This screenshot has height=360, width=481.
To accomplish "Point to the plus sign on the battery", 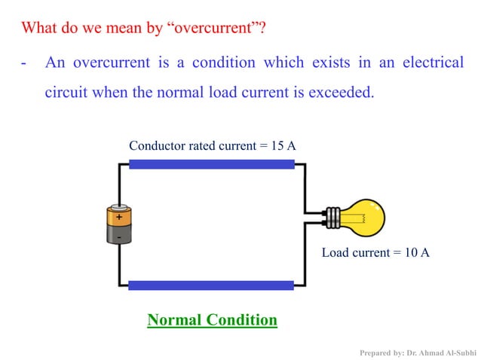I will point(119,216).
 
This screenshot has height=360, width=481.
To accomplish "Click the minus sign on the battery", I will point(119,236).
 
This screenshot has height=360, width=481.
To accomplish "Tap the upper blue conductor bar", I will point(211,164).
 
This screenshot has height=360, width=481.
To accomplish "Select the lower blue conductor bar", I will point(211,285).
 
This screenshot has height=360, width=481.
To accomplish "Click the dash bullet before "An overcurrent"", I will point(25,63).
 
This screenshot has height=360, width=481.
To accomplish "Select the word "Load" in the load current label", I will point(335,252).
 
